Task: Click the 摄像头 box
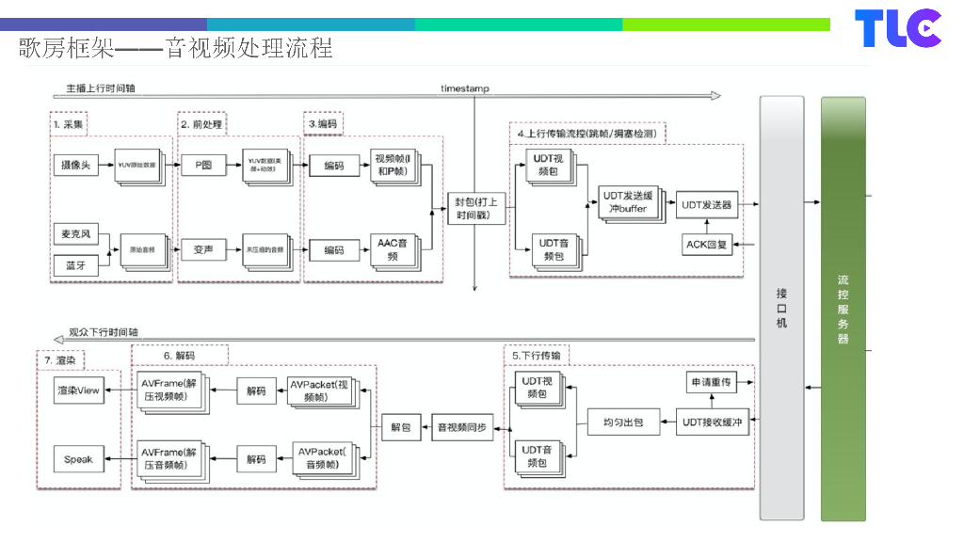75,166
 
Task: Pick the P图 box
202,166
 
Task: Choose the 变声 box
202,250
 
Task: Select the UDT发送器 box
706,204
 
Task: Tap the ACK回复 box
706,245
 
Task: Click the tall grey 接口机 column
781,308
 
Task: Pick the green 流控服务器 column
843,308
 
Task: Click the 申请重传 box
711,383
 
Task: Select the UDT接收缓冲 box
712,422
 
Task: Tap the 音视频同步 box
462,427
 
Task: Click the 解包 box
401,427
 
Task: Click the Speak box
78,459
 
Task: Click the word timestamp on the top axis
465,88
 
